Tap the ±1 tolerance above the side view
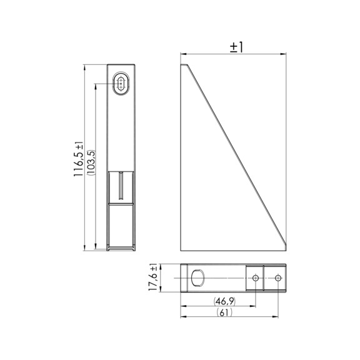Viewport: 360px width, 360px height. click(237, 47)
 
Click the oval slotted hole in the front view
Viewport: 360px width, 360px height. click(121, 84)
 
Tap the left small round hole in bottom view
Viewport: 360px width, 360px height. click(255, 277)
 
